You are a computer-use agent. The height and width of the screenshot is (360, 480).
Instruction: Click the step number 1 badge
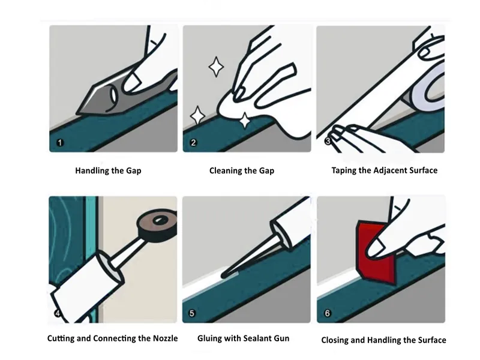(x=59, y=143)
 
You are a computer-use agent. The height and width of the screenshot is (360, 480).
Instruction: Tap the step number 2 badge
(x=193, y=143)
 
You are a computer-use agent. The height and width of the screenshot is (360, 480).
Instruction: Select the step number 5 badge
(x=192, y=313)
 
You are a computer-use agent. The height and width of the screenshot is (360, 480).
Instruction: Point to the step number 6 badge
(x=327, y=313)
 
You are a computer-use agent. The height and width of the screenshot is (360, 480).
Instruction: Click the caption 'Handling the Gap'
(x=108, y=170)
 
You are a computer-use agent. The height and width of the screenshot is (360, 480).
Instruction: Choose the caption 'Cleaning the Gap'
(x=242, y=170)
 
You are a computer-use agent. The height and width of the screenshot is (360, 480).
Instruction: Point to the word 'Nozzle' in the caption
(x=164, y=338)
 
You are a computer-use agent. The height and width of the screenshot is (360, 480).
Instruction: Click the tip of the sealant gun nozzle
(x=223, y=275)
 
